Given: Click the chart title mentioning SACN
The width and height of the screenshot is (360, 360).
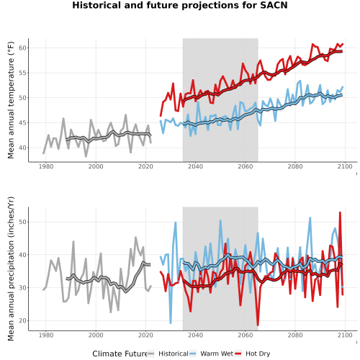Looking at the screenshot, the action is click(180, 5).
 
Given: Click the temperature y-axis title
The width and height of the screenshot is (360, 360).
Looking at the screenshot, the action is click(11, 100).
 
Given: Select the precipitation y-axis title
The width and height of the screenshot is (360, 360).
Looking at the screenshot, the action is click(11, 269).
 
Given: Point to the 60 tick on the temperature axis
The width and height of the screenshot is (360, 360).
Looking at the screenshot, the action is click(22, 48).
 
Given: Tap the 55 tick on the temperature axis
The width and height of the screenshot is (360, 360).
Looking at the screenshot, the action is click(22, 73).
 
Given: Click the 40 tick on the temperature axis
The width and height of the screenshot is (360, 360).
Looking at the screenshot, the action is click(22, 148).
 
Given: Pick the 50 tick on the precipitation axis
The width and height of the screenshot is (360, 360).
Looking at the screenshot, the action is click(22, 222).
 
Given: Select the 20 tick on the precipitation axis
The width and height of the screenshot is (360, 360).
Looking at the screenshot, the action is click(22, 320).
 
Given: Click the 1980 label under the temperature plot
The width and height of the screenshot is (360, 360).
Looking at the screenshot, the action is click(46, 166).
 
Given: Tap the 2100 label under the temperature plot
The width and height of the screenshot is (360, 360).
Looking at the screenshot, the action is click(345, 166).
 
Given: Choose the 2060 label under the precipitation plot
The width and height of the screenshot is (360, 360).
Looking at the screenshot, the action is click(246, 335).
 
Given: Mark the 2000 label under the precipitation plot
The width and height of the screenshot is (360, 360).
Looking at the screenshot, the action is click(96, 335).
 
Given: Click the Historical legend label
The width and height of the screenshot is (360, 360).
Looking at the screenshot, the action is click(174, 354).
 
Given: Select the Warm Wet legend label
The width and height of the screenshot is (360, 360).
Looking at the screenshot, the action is click(217, 354).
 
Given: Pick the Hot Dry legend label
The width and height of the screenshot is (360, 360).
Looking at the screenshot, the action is click(258, 354).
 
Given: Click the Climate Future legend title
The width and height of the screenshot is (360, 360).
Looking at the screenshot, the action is click(120, 354).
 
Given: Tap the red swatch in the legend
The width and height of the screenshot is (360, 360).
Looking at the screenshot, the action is click(238, 354).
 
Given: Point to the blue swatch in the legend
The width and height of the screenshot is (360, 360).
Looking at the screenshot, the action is click(192, 354).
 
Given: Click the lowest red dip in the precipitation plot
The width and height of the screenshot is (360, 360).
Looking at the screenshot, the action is click(258, 325).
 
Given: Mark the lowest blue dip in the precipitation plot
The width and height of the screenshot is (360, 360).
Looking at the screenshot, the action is click(171, 323).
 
